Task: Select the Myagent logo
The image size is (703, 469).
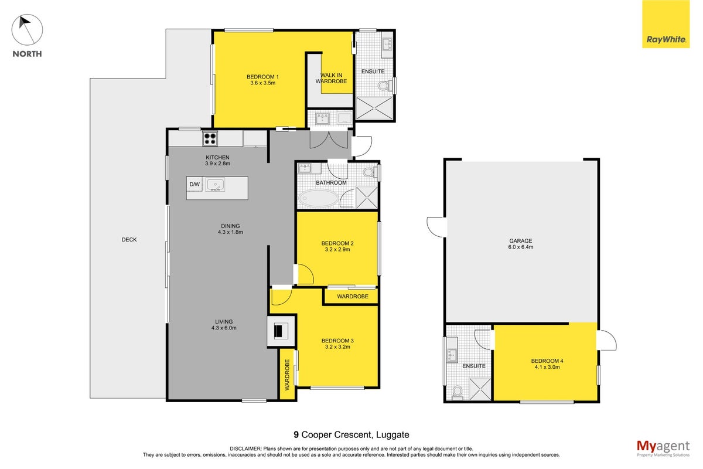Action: (663, 448)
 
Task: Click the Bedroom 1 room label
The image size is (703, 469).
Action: (262, 80)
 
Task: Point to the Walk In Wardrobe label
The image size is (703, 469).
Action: (331, 78)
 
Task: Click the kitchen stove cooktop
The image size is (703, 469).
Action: (210, 138)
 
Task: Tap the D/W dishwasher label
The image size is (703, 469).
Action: (194, 184)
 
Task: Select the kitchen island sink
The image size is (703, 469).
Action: (215, 185)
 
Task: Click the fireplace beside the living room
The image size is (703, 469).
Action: (281, 331)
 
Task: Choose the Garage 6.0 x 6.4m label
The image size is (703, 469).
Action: (521, 244)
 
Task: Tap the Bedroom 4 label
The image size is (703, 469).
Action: (547, 363)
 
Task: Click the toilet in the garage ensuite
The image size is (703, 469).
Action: (458, 393)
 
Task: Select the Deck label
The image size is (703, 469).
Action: (129, 240)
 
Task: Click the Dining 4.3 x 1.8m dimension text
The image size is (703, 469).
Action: (230, 232)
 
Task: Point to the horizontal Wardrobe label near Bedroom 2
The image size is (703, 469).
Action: (353, 296)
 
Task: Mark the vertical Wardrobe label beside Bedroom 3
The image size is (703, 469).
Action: (287, 375)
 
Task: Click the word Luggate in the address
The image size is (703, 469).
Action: (393, 435)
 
